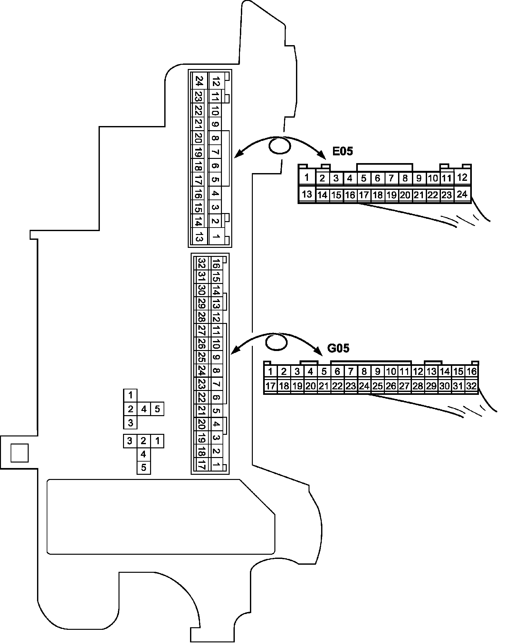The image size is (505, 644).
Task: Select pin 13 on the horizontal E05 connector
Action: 307,194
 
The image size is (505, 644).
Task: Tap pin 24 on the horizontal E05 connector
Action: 462,194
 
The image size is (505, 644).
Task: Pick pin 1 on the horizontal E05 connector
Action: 307,177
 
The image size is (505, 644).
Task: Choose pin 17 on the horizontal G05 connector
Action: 271,386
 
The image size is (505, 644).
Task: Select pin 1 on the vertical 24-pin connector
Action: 216,238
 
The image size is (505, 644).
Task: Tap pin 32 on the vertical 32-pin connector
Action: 202,263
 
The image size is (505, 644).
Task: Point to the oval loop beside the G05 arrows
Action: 276,343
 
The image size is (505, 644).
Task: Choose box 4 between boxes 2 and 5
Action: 144,409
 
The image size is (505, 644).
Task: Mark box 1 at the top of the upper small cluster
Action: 130,395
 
